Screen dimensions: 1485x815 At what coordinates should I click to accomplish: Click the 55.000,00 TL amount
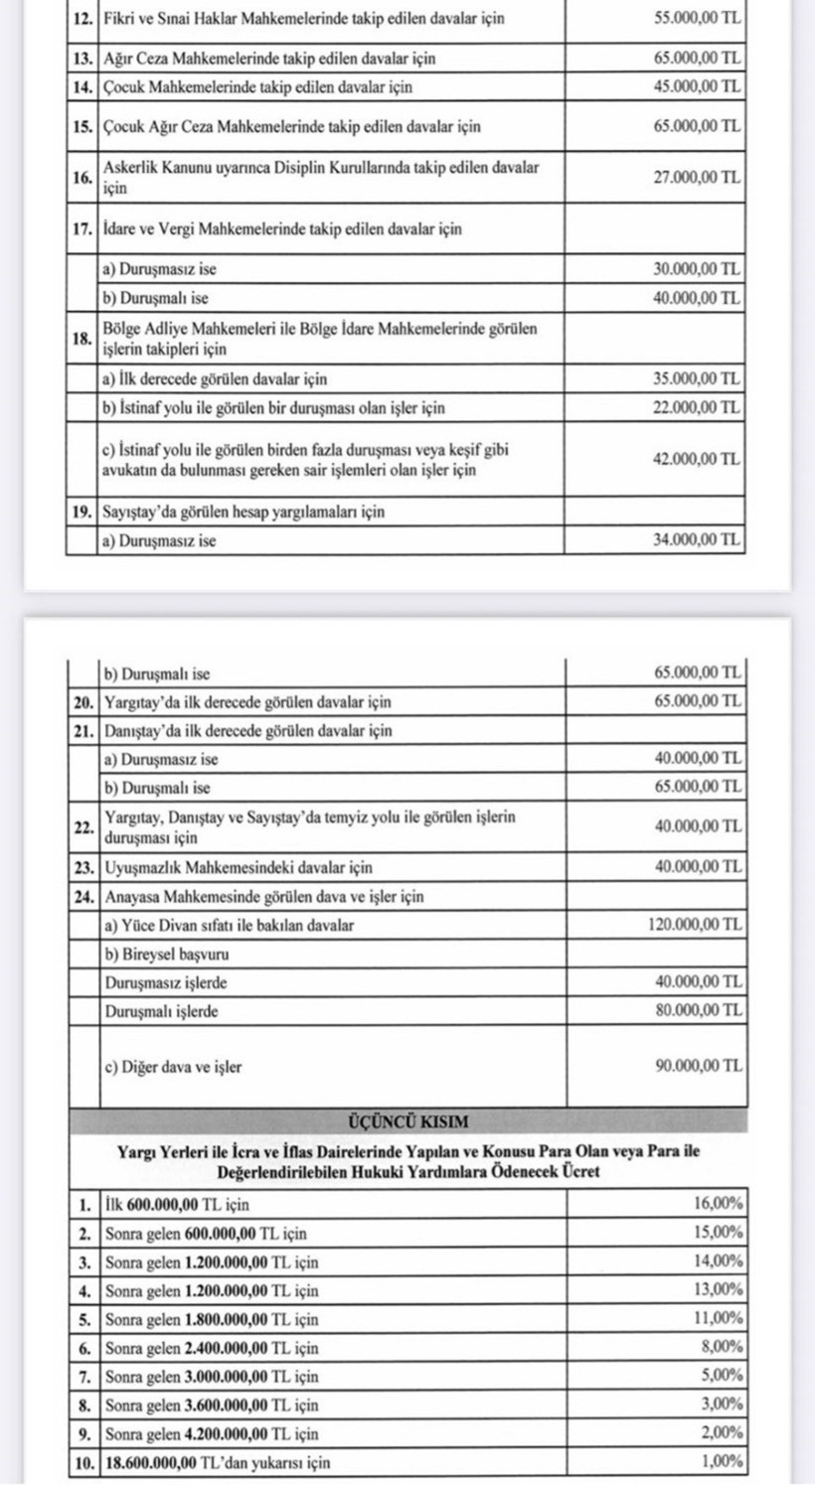(698, 19)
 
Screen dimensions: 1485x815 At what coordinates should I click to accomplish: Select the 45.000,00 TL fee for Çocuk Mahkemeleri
(698, 86)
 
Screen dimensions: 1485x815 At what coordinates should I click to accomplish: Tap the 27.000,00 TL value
(698, 178)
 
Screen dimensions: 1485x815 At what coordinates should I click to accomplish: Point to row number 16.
(81, 178)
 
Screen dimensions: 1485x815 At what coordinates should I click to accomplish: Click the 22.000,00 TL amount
(698, 407)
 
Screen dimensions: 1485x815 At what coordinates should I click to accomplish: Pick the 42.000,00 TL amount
(698, 459)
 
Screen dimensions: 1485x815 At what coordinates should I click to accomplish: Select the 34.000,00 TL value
(698, 540)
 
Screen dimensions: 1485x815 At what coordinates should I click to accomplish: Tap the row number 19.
(81, 513)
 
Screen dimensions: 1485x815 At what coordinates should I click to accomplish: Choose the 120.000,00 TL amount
(694, 925)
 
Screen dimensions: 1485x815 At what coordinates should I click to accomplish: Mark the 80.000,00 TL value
(698, 1011)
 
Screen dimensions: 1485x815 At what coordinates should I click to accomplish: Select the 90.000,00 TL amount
(698, 1067)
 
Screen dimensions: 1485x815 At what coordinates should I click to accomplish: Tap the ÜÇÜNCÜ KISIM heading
(408, 1121)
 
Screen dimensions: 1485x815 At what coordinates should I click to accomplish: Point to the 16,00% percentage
(718, 1204)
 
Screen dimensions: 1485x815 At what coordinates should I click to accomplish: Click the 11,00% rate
(718, 1319)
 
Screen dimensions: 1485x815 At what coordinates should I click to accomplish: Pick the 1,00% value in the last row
(722, 1462)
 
